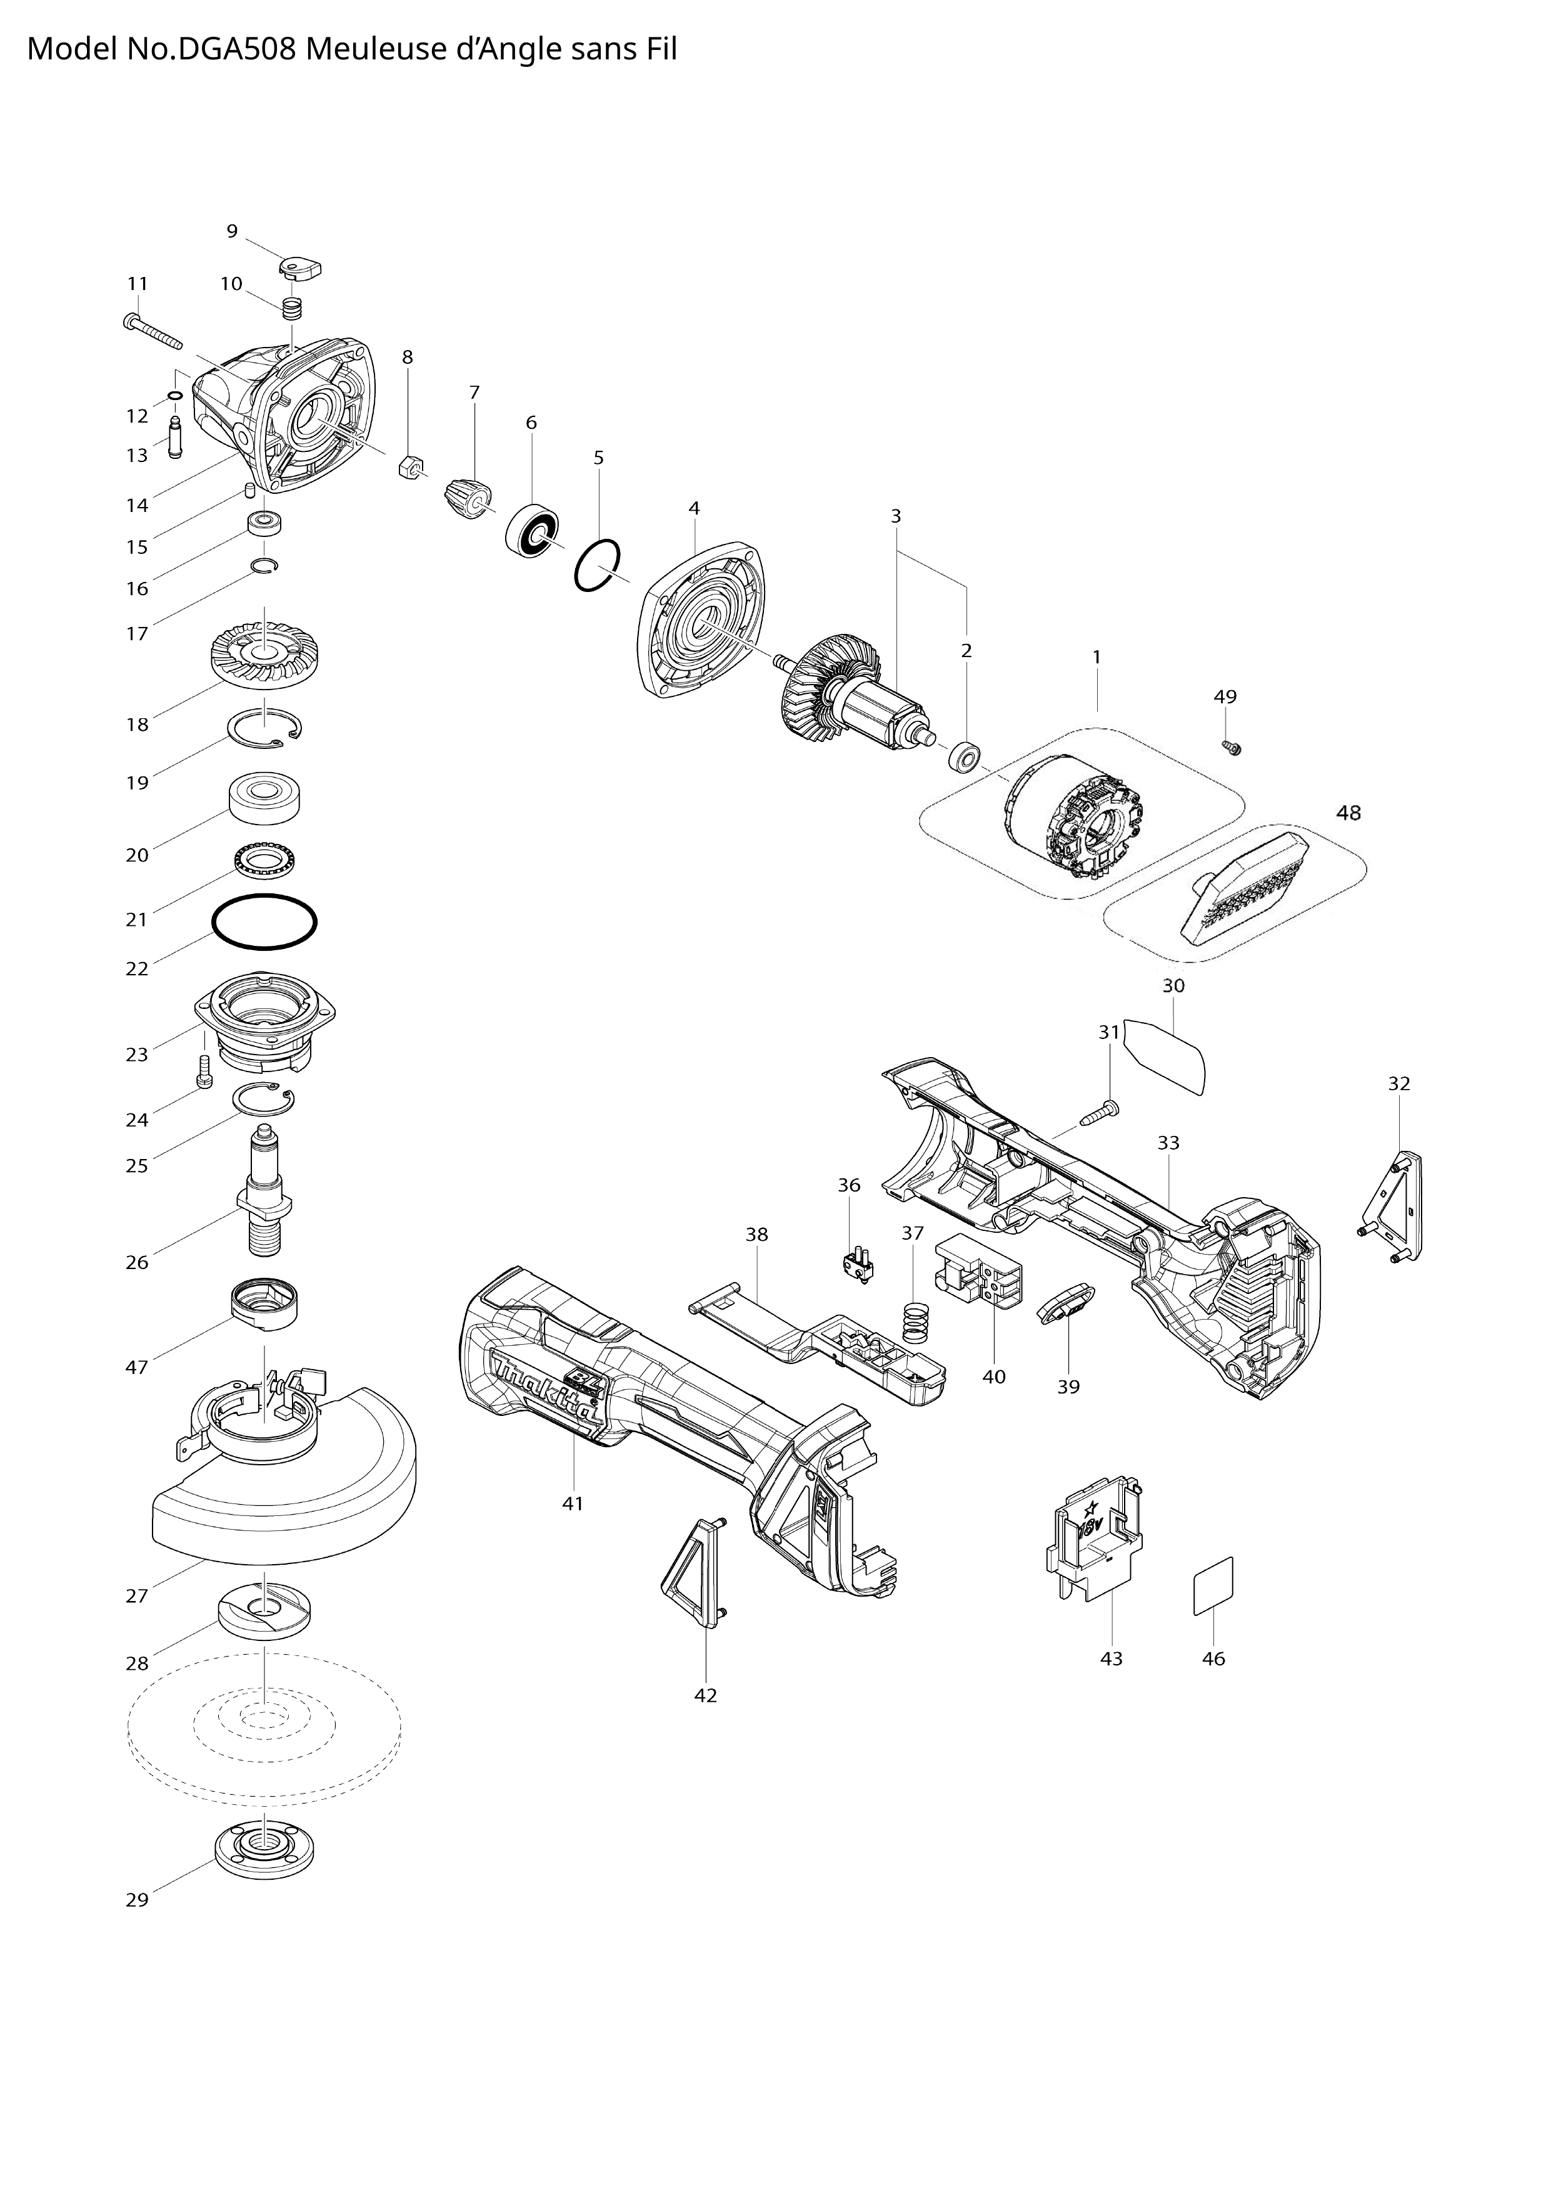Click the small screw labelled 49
[1231, 747]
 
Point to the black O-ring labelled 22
[264, 923]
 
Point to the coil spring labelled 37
[916, 1325]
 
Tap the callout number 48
[1348, 813]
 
